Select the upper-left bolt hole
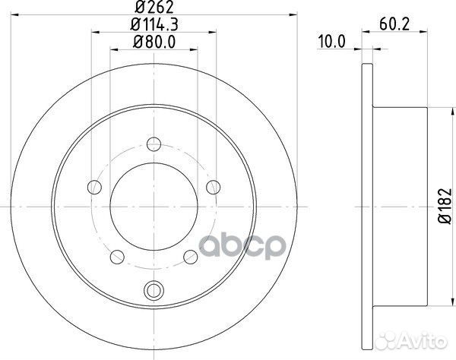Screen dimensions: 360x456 point(95,185)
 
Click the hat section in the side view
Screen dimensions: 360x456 point(399,205)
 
